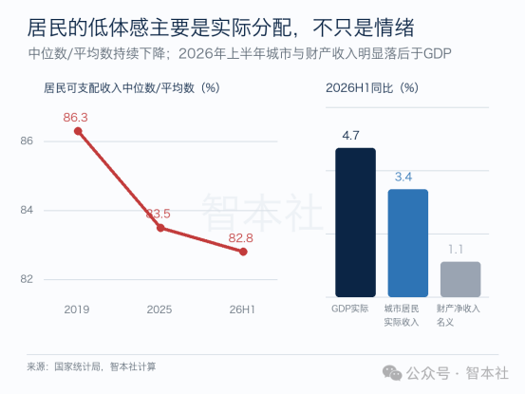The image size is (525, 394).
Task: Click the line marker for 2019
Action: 78,131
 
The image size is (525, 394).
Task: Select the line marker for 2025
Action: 160,228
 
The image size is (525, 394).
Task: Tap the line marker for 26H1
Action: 243,252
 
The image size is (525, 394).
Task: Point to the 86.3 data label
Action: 75,118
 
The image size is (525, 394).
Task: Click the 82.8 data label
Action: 241,238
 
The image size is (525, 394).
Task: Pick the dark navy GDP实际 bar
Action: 355,222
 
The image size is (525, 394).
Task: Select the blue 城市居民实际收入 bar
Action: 408,243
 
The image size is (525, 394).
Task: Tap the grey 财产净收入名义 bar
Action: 460,279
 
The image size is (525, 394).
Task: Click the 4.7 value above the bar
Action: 350,136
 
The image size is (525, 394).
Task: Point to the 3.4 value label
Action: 403,177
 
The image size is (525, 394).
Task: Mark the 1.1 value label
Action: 456,250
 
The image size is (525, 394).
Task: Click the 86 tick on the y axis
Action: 27,141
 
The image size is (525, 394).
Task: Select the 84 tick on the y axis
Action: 27,210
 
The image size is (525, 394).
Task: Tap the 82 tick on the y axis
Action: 27,279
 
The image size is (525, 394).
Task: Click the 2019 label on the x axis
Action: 77,310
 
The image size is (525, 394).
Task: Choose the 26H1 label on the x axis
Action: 242,310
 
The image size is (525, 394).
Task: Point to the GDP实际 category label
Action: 350,309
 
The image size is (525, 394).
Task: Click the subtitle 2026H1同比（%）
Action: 372,88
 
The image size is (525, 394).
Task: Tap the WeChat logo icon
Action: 392,373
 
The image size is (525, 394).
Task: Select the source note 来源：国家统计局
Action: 64,366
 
